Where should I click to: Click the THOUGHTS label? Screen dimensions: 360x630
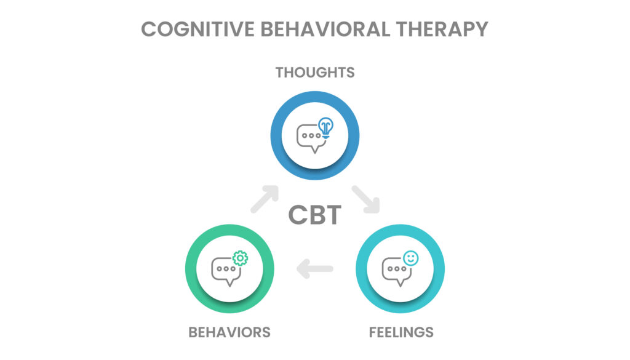pos(315,73)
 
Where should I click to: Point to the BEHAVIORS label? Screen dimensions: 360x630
pos(229,332)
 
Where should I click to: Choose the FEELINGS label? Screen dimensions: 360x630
pos(401,332)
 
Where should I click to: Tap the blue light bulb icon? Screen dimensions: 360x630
pos(325,127)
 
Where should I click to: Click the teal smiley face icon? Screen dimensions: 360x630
pos(410,259)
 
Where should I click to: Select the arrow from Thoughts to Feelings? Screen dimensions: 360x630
pos(367,198)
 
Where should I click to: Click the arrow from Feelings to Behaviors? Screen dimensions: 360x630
pos(315,268)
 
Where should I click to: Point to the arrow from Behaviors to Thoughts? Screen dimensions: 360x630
pos(264,198)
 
